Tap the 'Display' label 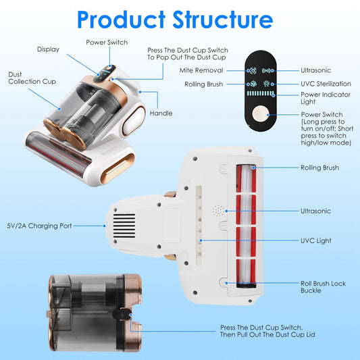pos(48,49)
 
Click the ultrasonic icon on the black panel pos(267,70)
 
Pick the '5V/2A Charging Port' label pos(40,226)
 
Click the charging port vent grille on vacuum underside pos(124,225)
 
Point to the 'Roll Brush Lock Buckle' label pos(323,287)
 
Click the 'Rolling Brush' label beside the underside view pos(320,168)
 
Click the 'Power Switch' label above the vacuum pos(107,42)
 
